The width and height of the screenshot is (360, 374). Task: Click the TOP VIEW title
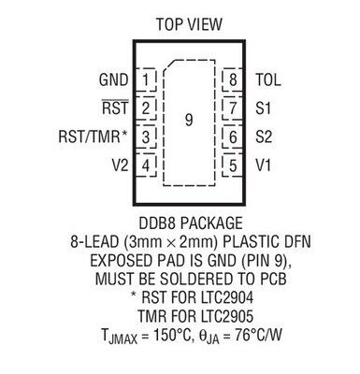[189, 24]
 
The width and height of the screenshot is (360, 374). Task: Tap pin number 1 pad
[145, 80]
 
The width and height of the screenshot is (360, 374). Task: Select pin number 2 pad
[145, 108]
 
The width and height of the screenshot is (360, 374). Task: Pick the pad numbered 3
[145, 137]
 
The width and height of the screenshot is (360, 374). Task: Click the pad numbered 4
[145, 165]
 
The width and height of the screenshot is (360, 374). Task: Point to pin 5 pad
[233, 165]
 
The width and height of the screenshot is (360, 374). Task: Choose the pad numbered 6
[233, 137]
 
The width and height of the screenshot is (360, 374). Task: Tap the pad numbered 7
[233, 108]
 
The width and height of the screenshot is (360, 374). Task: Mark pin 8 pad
[233, 80]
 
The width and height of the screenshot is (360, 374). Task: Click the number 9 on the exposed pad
[189, 120]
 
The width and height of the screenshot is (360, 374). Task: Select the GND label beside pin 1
[113, 80]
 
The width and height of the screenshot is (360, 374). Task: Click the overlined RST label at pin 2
[115, 108]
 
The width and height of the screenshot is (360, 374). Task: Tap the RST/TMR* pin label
[93, 137]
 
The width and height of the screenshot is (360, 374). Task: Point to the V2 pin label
[120, 165]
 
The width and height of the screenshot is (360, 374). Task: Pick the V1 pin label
[264, 165]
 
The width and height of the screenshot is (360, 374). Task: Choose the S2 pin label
[264, 137]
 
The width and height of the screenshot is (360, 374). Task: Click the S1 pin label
[264, 108]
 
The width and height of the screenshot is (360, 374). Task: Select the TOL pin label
[268, 80]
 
